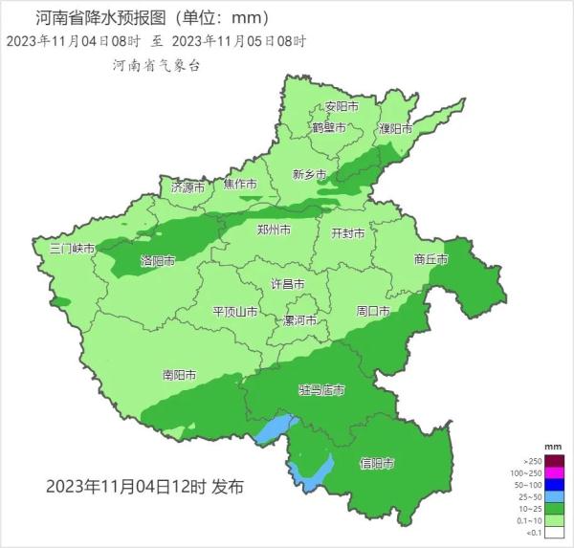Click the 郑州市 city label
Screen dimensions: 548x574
pyautogui.click(x=274, y=230)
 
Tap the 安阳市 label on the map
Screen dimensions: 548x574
pyautogui.click(x=341, y=106)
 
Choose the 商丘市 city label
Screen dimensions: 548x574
pyautogui.click(x=431, y=258)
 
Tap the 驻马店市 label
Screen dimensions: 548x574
pyautogui.click(x=321, y=390)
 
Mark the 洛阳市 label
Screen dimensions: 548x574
pyautogui.click(x=158, y=260)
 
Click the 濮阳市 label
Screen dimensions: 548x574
pyautogui.click(x=394, y=127)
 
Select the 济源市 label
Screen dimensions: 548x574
pyautogui.click(x=188, y=187)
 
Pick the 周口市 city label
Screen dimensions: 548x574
pyautogui.click(x=372, y=311)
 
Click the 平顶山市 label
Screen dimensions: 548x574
pyautogui.click(x=234, y=312)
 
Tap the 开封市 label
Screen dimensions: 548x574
pyautogui.click(x=348, y=232)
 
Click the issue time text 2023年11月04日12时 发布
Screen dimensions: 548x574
pyautogui.click(x=144, y=486)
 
